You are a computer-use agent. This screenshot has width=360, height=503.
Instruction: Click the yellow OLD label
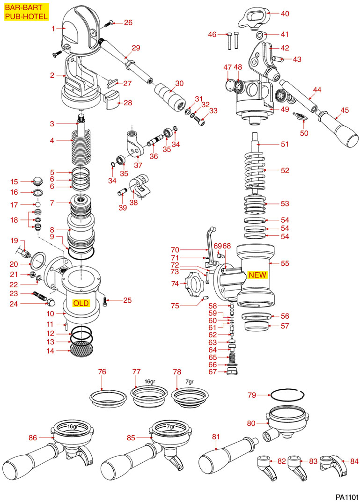click(x=81, y=303)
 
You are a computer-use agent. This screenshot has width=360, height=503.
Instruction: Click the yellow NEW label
click(x=257, y=275)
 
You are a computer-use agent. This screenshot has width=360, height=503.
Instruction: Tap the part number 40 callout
click(x=285, y=14)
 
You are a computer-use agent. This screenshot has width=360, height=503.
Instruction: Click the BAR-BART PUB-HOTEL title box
click(x=26, y=12)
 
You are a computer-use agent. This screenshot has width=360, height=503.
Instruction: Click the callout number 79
click(x=252, y=395)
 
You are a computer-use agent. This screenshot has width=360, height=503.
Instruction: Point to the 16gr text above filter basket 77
click(x=149, y=381)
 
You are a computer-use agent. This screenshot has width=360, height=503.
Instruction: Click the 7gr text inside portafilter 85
click(x=170, y=427)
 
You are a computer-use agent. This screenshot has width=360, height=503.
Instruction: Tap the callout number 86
click(x=33, y=438)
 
